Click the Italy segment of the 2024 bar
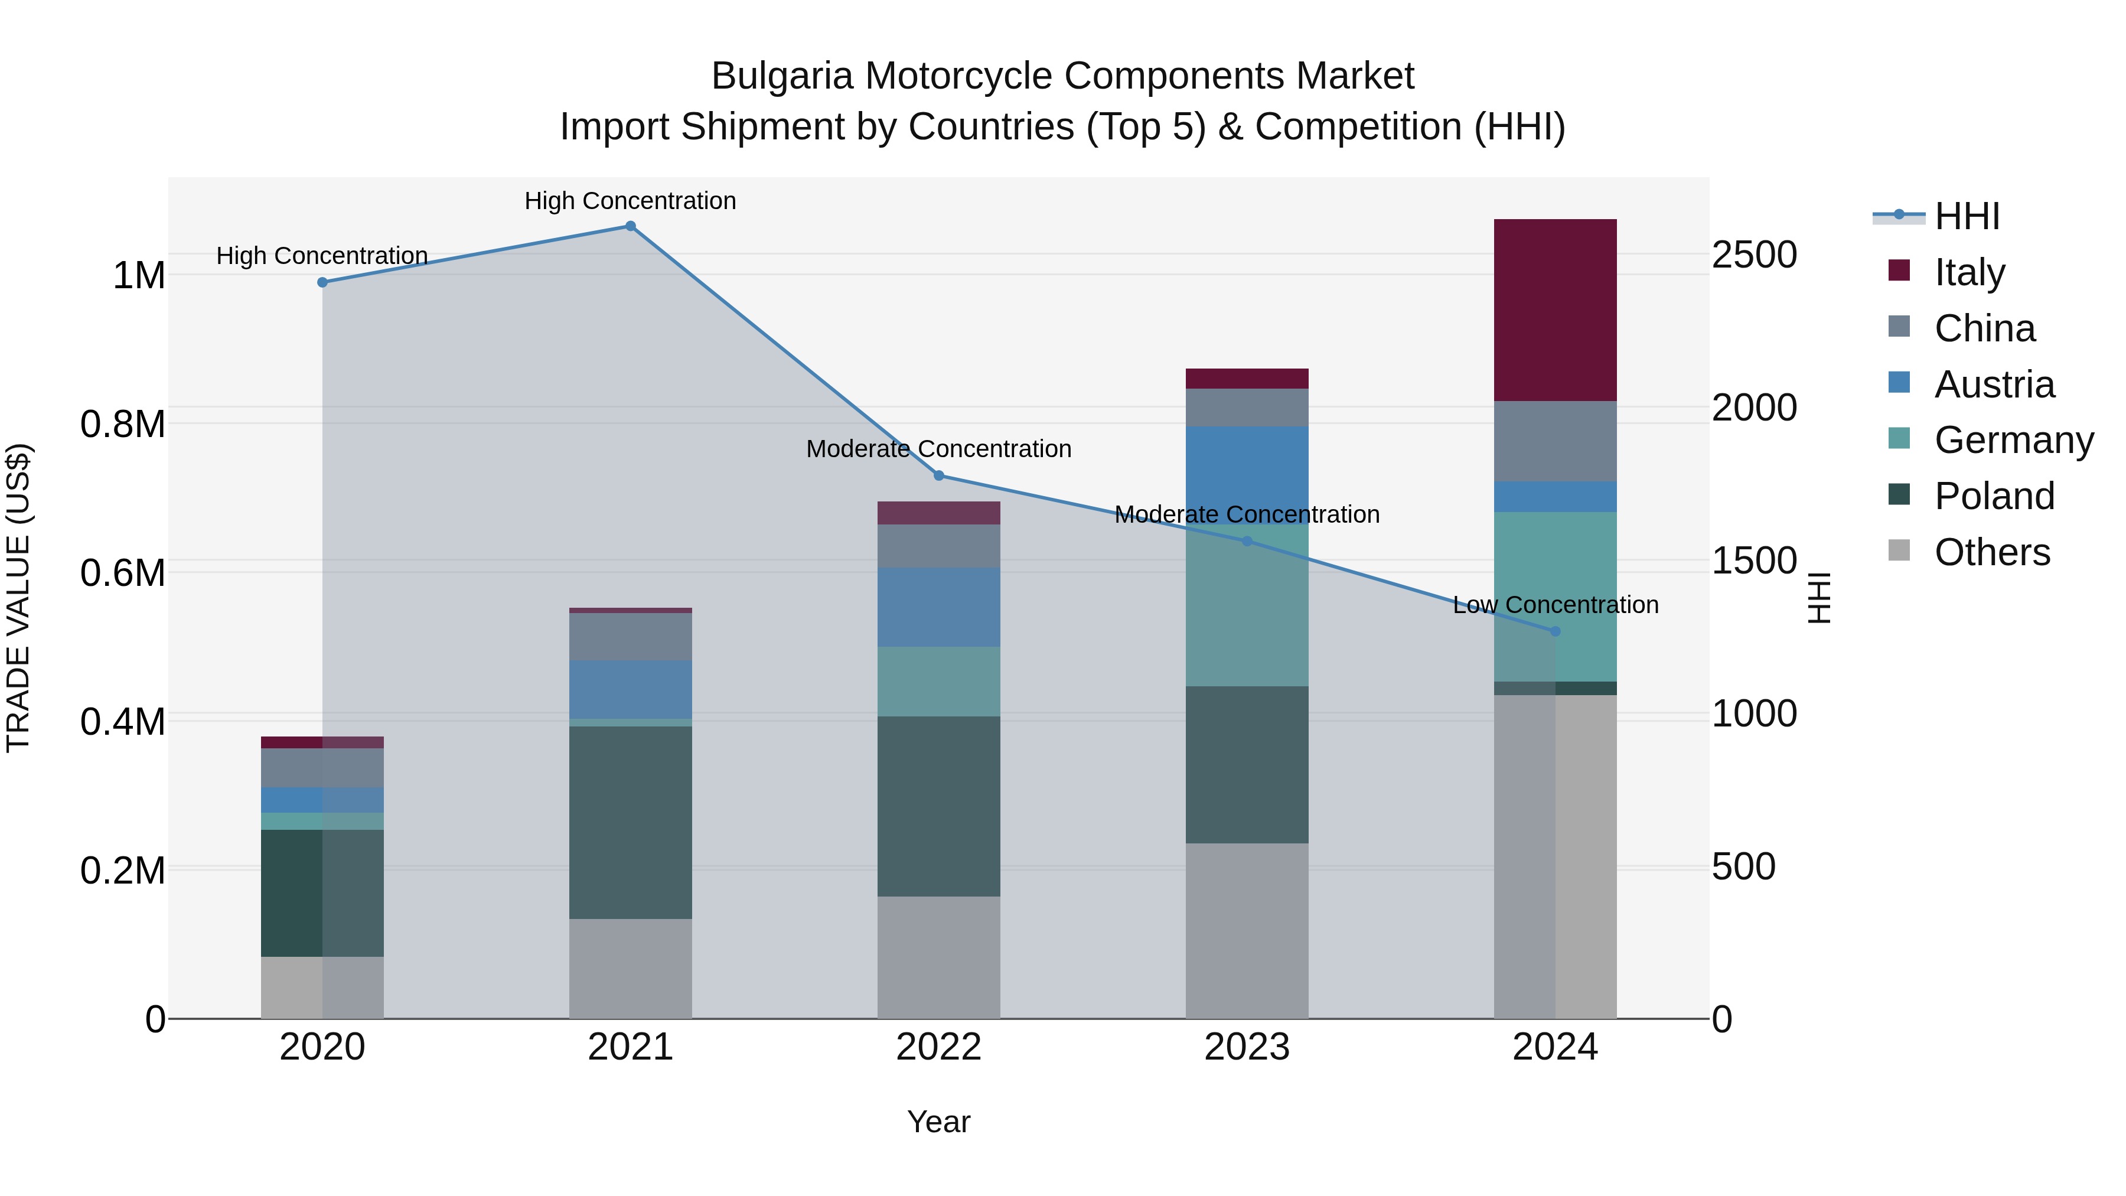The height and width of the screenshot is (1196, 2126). [x=1555, y=309]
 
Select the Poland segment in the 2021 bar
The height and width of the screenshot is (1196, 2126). [x=631, y=822]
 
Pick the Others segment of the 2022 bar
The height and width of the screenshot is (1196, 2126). [x=938, y=957]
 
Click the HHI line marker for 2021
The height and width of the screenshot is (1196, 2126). [x=631, y=226]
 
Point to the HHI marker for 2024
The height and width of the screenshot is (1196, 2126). [x=1555, y=631]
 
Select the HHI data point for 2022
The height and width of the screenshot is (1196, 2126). [x=938, y=475]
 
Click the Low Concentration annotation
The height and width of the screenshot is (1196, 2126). [x=1555, y=605]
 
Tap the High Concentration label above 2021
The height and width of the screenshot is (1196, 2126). [x=631, y=201]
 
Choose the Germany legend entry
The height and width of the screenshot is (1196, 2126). [x=2014, y=440]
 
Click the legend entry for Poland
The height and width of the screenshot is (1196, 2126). [x=1994, y=496]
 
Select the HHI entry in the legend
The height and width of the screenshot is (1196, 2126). [x=1967, y=216]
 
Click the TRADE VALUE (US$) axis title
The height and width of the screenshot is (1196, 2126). [x=18, y=598]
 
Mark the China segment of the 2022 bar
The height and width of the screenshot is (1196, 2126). [x=938, y=546]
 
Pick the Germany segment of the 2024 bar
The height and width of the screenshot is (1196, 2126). [x=1555, y=596]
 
